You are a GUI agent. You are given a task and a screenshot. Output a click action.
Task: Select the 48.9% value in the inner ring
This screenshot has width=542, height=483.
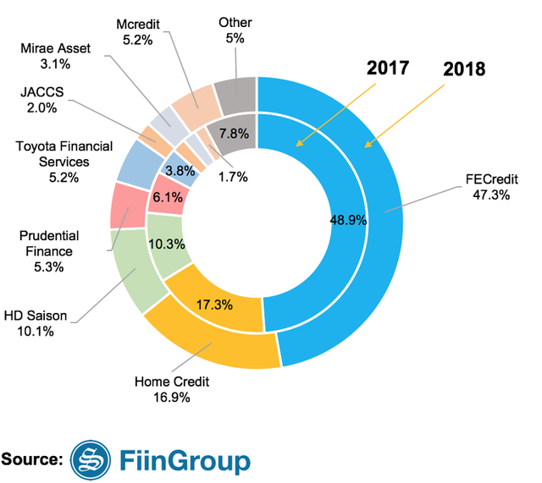pyautogui.click(x=348, y=218)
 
